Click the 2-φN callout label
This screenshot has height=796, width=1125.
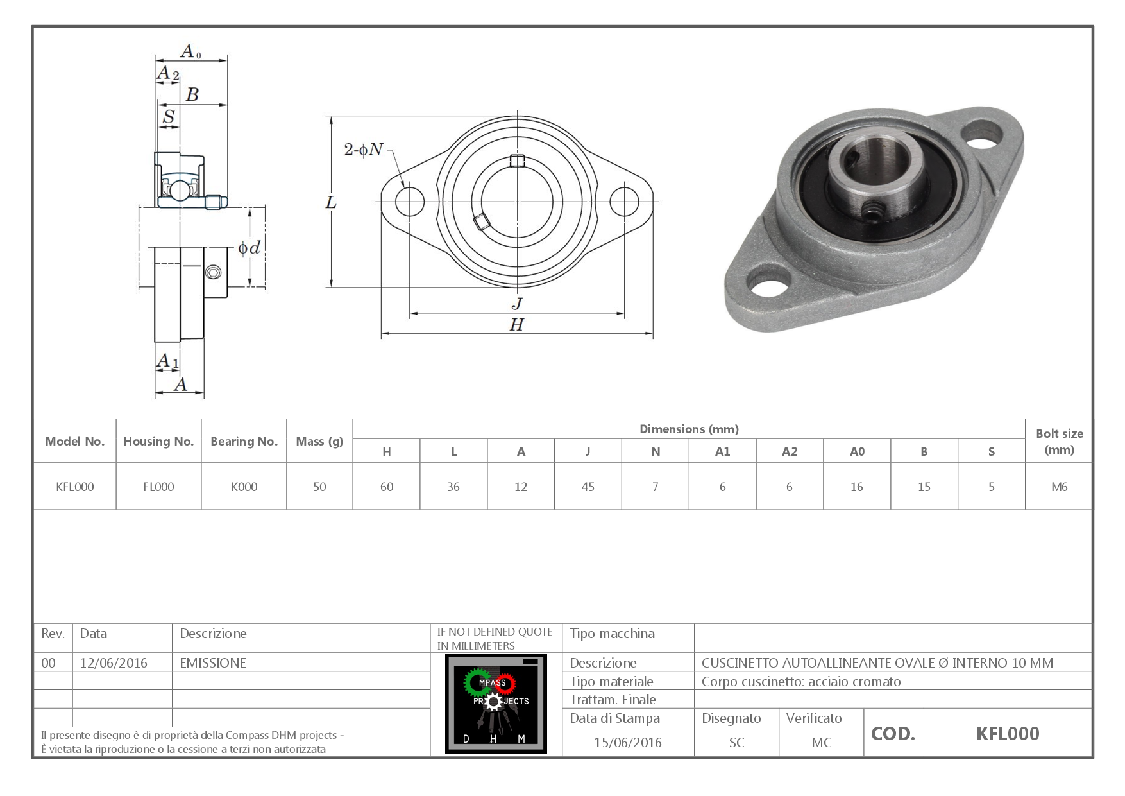(x=363, y=150)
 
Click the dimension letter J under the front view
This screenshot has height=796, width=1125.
(x=517, y=303)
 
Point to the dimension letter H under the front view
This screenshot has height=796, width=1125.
(x=516, y=325)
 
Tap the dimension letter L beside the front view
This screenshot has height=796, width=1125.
(x=331, y=203)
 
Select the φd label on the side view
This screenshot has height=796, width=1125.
(x=249, y=247)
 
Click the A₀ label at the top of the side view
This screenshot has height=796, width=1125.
(x=190, y=51)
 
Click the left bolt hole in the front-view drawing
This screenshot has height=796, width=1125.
(x=410, y=202)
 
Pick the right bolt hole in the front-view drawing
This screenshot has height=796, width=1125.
(x=624, y=202)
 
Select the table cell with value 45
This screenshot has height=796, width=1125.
(x=588, y=487)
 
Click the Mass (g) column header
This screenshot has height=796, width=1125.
(x=319, y=441)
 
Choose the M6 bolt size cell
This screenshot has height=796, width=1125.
(x=1059, y=487)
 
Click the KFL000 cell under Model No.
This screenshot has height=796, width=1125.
(x=74, y=487)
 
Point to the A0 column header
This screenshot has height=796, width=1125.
(x=857, y=451)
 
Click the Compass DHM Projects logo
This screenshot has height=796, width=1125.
(x=496, y=704)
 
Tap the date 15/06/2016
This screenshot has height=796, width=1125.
(x=627, y=742)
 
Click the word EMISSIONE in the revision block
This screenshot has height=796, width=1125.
(x=213, y=662)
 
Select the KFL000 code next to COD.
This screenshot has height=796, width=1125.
(x=1007, y=733)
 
